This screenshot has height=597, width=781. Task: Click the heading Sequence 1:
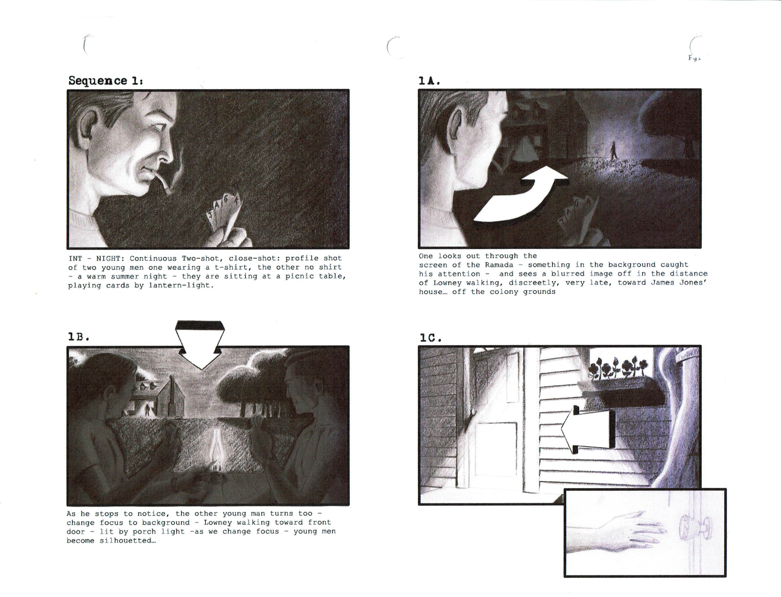coord(105,81)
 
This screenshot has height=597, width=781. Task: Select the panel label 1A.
coord(429,81)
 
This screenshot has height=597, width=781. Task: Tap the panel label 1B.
coord(78,337)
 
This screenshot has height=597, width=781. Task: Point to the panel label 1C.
coord(430,338)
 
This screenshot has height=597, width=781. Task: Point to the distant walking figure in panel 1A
coord(613,151)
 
